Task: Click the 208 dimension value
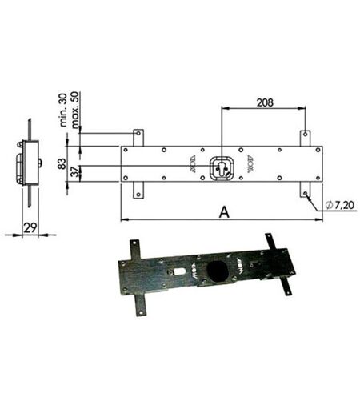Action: click(x=265, y=102)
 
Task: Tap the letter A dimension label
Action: click(x=224, y=212)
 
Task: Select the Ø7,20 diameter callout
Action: click(x=340, y=205)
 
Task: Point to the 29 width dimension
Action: click(x=30, y=227)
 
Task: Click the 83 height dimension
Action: click(x=62, y=163)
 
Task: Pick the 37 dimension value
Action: click(x=76, y=171)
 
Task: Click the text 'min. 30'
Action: click(x=63, y=110)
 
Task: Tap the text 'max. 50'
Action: click(x=75, y=110)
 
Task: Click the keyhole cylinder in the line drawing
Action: click(x=222, y=168)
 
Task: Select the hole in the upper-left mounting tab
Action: click(x=138, y=133)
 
